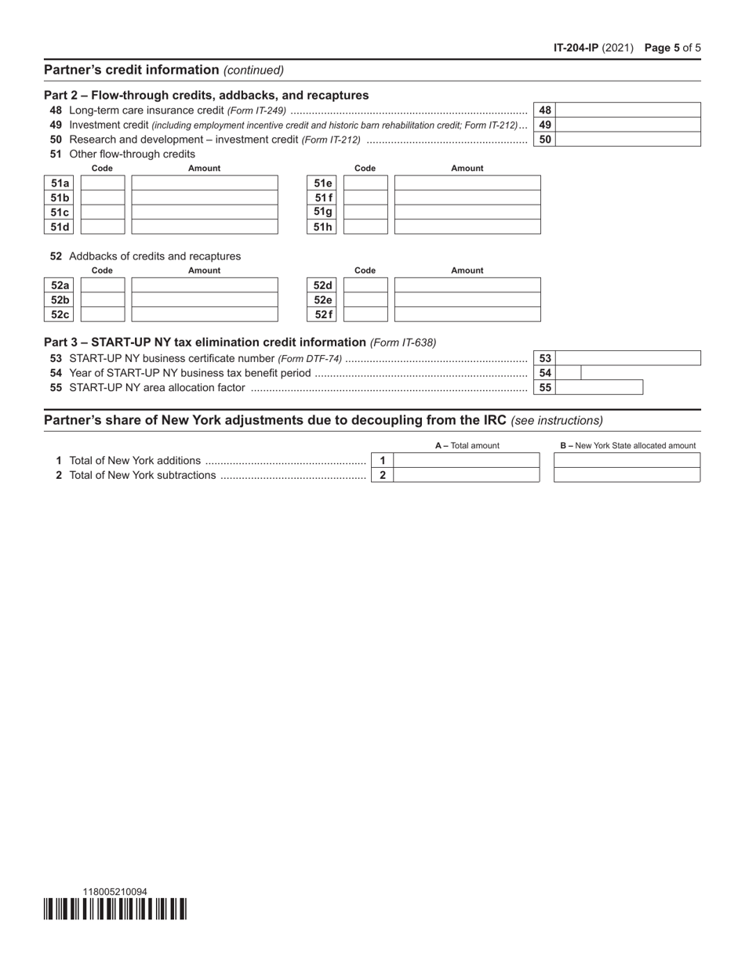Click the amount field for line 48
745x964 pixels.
(x=627, y=110)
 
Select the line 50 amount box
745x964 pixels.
(x=627, y=140)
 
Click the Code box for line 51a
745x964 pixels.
(x=103, y=183)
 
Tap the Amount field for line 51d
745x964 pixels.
(x=205, y=227)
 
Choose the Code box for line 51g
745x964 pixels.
(x=365, y=212)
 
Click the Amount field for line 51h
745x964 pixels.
(x=467, y=227)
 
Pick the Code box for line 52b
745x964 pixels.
(x=103, y=300)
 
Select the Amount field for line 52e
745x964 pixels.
(x=467, y=300)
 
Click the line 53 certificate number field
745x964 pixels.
(x=627, y=358)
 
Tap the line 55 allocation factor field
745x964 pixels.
(x=599, y=387)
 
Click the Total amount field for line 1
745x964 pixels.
(x=467, y=460)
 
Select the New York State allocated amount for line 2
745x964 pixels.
(x=627, y=475)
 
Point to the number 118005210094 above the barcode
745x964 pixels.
(x=114, y=891)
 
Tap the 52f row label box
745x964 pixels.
(x=323, y=315)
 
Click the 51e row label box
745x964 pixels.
(x=323, y=183)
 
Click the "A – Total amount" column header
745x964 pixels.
(x=467, y=445)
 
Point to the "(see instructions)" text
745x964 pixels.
(x=557, y=421)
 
